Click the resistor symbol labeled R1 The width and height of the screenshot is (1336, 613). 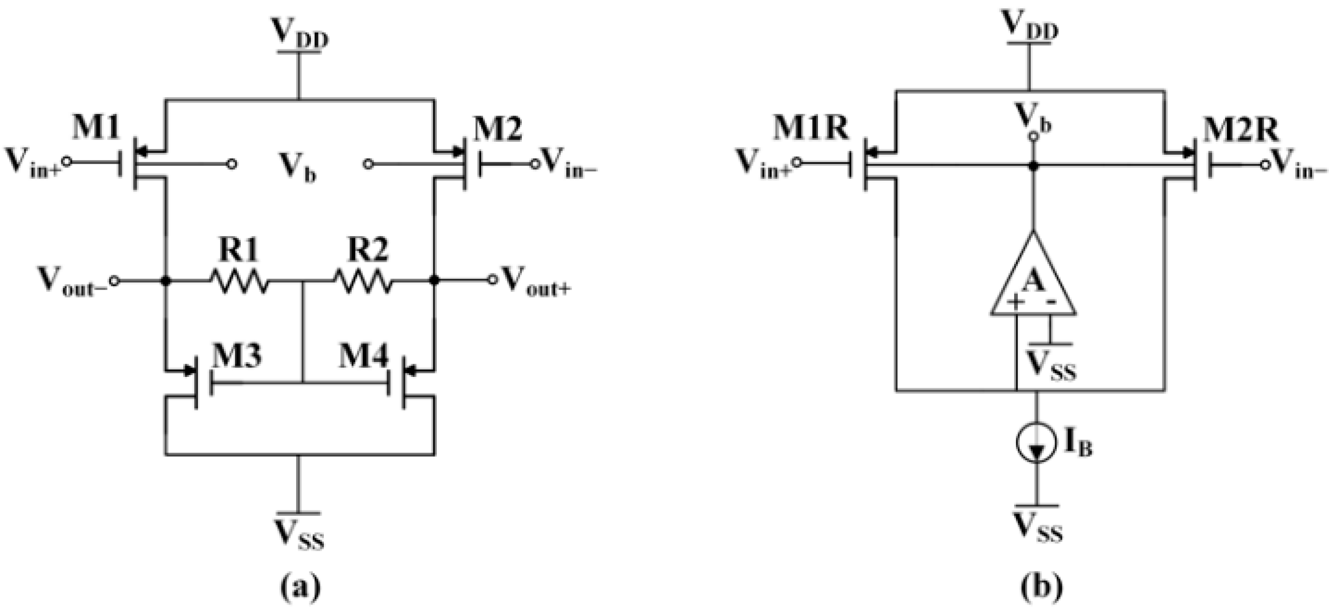tap(239, 281)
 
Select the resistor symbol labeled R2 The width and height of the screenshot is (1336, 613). tap(364, 281)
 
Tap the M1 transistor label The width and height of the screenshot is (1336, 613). tap(96, 128)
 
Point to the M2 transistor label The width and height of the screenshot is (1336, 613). tap(498, 129)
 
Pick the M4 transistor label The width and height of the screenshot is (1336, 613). tap(364, 357)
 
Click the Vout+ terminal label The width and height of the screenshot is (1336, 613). tap(537, 281)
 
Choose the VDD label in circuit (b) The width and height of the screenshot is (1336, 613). tap(1029, 26)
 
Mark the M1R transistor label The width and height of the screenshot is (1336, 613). tap(811, 128)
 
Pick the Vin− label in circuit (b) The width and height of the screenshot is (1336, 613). tap(1299, 165)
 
